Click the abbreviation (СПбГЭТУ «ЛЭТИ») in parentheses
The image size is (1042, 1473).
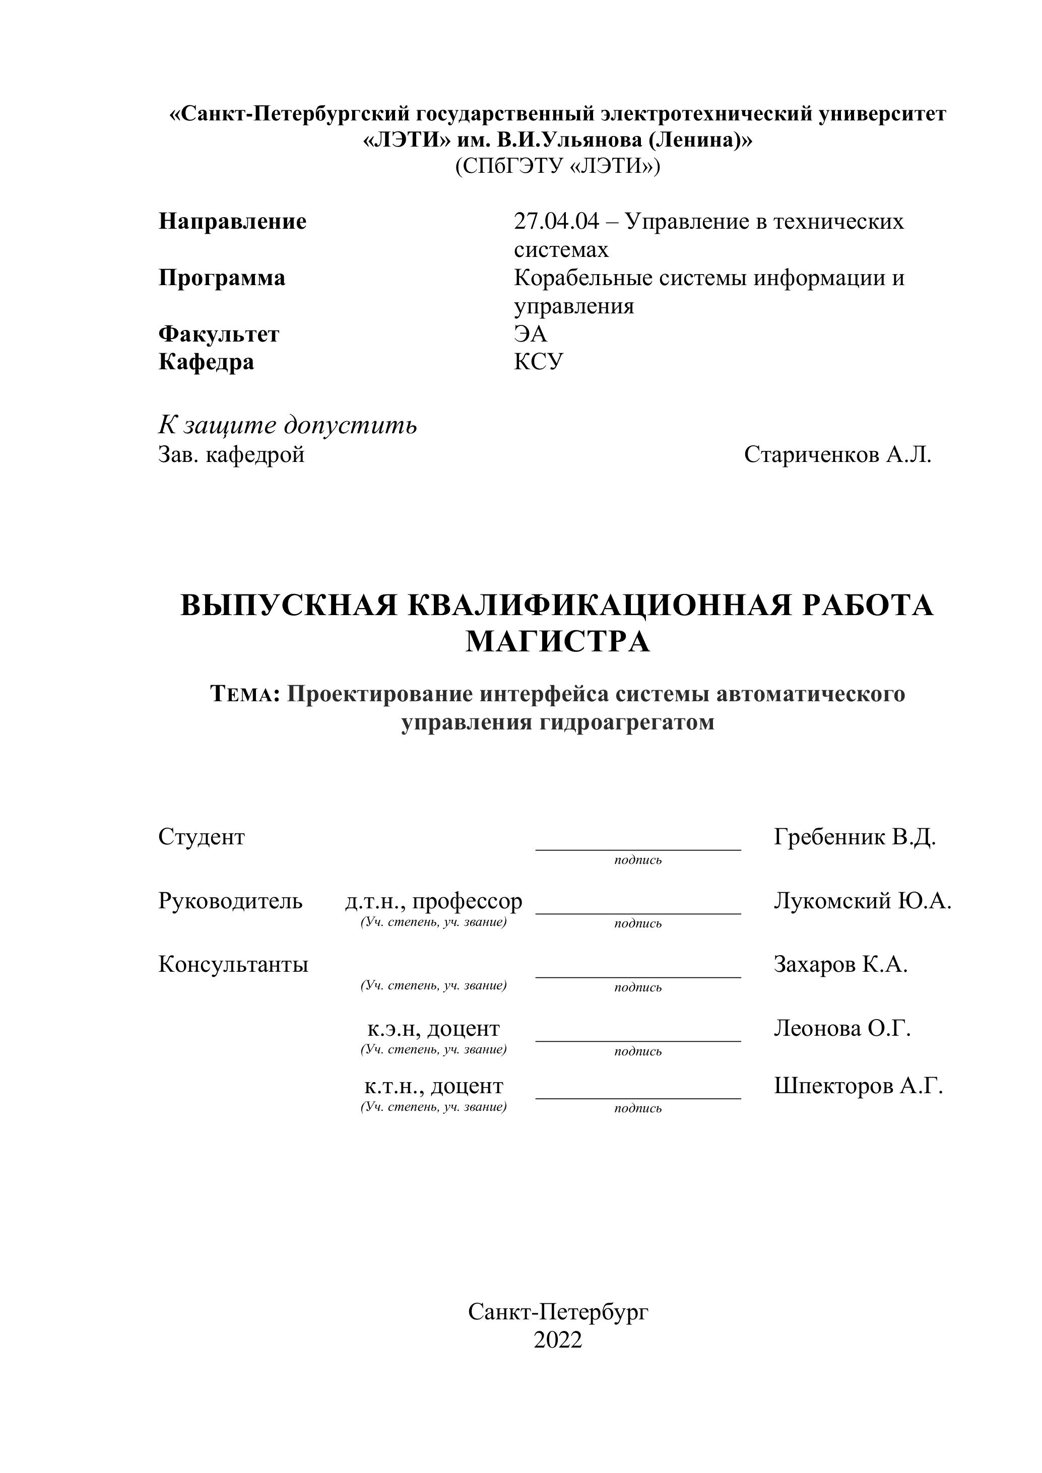[x=557, y=167]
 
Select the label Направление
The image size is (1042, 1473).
[x=232, y=222]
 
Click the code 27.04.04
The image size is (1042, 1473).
[x=556, y=222]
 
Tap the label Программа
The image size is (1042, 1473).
[x=222, y=279]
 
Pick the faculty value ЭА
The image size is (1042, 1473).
[x=530, y=334]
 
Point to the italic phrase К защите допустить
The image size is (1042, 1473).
[x=287, y=425]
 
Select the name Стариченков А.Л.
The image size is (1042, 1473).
[x=837, y=455]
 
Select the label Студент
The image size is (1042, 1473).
[x=202, y=837]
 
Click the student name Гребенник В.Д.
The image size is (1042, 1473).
[x=855, y=837]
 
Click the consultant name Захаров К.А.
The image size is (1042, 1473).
[x=840, y=964]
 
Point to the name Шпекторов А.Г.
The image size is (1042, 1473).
[x=859, y=1086]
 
